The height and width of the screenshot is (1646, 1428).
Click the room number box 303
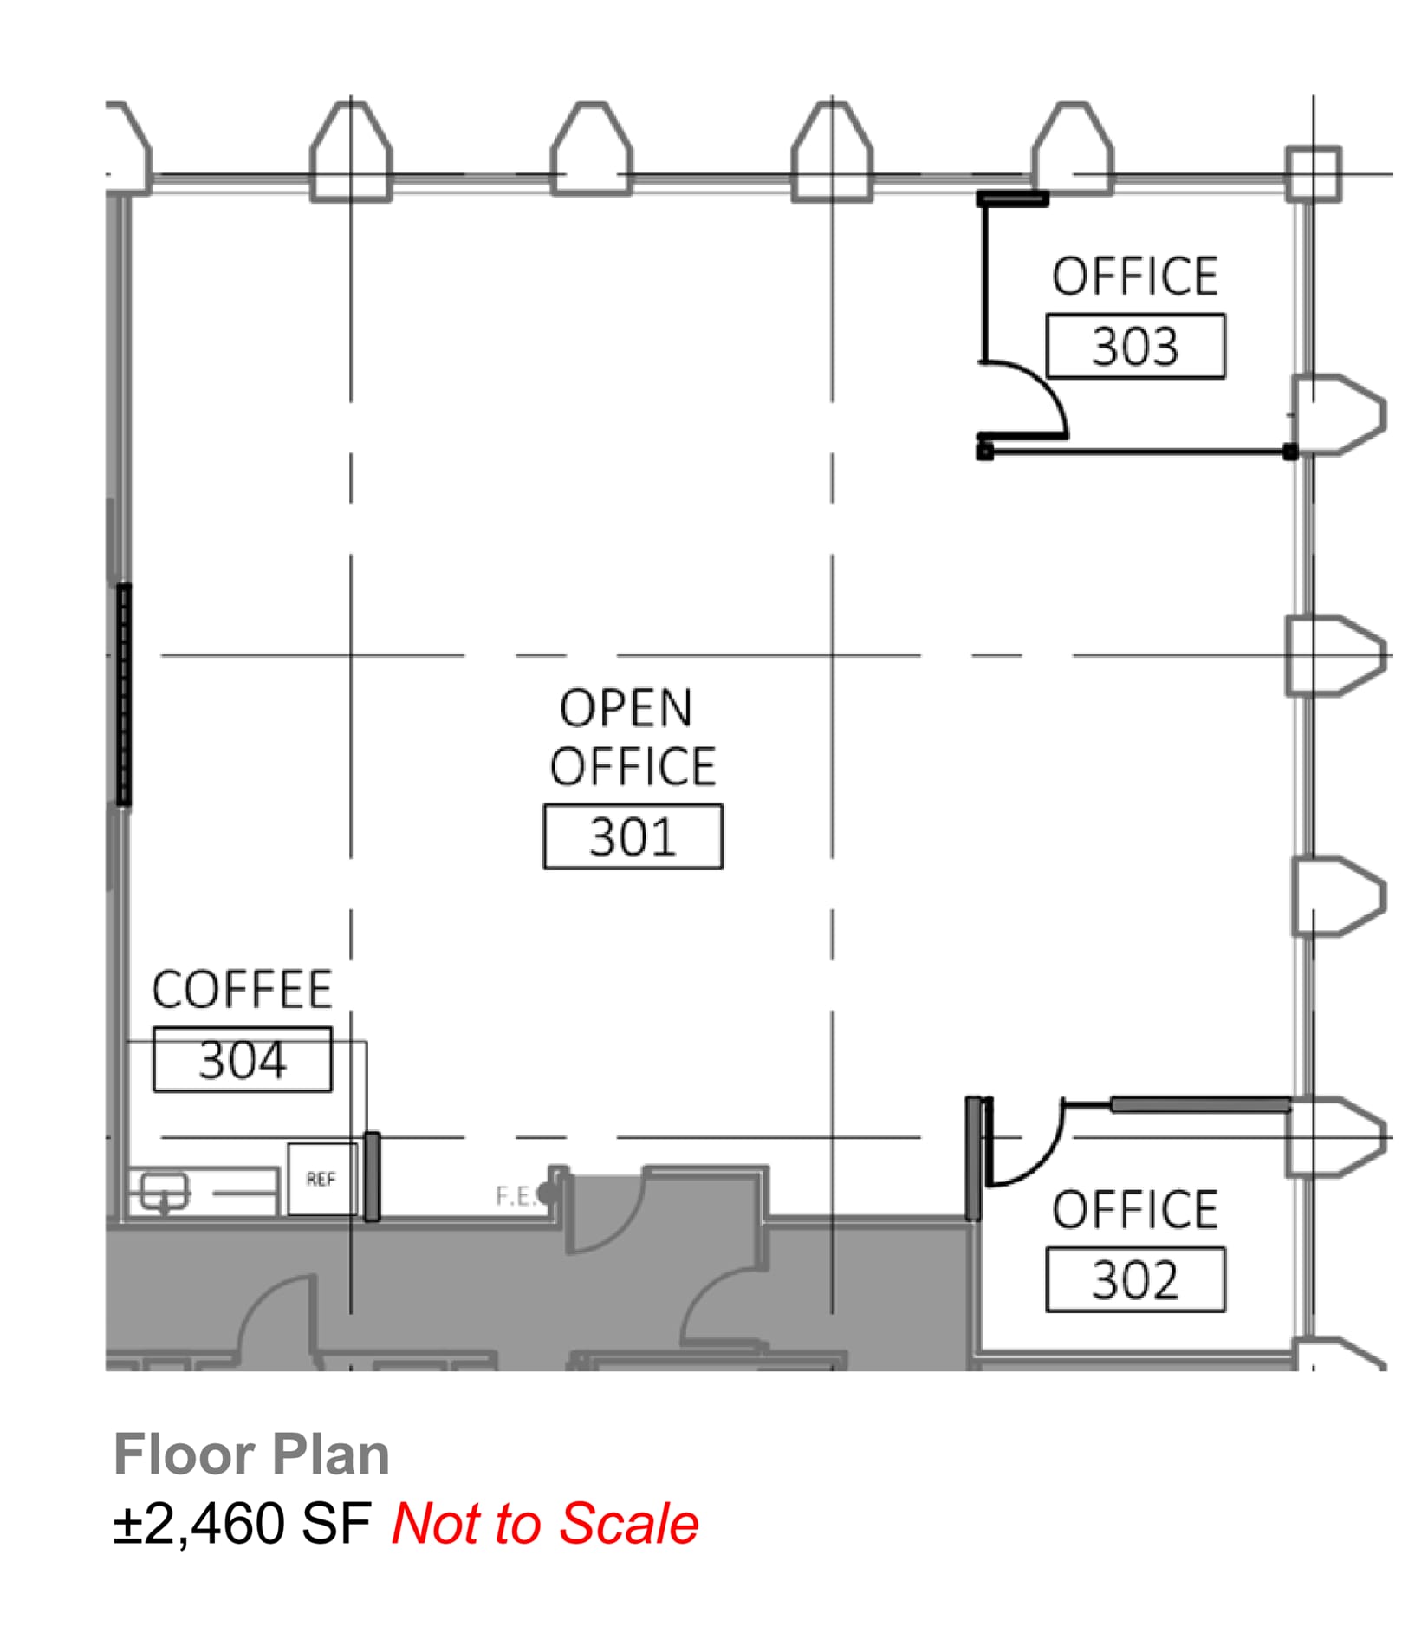1135,347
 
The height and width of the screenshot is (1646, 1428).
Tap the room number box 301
633,837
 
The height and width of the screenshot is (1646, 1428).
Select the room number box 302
1135,1280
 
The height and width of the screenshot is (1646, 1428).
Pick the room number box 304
243,1059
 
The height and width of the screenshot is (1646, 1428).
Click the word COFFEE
243,990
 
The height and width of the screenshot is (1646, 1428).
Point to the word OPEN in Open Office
626,709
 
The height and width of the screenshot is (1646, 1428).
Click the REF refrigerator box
321,1179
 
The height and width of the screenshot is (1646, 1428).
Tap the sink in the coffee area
164,1189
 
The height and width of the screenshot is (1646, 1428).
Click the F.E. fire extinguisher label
516,1197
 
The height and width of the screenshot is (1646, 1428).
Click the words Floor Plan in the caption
251,1454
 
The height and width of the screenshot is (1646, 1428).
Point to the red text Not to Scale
545,1524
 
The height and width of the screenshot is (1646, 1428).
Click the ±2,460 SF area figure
243,1524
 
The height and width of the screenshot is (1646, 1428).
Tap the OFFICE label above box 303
1135,277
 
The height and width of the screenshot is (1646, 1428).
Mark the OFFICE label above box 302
1135,1210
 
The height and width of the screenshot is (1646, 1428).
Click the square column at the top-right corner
1313,174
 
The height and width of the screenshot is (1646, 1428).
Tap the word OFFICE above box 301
633,767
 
